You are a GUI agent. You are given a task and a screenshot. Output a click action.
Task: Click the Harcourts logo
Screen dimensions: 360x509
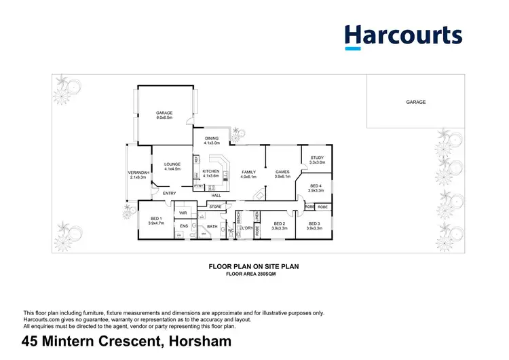point(403,37)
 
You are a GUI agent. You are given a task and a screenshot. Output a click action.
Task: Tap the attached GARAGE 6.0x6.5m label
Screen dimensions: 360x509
point(164,115)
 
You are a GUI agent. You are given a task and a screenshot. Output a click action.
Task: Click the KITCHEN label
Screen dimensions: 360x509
point(211,174)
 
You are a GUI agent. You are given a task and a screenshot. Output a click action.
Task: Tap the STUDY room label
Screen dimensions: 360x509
point(317,160)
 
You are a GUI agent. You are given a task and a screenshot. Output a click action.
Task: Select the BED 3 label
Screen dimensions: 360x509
point(314,226)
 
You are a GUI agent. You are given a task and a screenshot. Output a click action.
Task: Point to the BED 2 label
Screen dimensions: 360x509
point(279,226)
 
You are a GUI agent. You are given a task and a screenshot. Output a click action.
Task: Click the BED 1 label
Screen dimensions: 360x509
point(156,220)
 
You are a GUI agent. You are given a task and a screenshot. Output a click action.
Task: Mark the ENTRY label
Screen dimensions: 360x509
point(169,194)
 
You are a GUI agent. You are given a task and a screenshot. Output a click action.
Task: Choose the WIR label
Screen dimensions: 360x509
point(183,213)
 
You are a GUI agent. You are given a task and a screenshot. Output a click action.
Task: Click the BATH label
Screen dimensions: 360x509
point(212,226)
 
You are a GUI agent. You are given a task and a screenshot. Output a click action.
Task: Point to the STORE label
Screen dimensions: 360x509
point(216,206)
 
